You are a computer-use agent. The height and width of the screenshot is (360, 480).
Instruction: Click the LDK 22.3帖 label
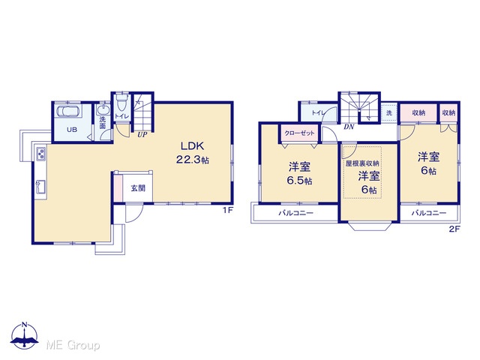pos(193,153)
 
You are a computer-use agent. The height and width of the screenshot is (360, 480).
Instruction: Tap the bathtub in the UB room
pos(68,112)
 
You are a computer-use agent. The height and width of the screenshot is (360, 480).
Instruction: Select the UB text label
pos(72,130)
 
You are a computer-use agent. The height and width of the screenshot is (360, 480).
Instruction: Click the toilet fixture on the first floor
pos(122,103)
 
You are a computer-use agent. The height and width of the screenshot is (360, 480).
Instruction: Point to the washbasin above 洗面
pos(103,110)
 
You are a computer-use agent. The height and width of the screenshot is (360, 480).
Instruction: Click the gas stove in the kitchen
pos(40,153)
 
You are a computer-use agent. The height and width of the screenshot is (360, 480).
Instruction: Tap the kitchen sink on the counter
pos(40,187)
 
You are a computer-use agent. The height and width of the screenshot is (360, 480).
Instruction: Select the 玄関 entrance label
pos(138,188)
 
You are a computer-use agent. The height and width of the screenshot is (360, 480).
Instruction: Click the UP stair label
pos(142,134)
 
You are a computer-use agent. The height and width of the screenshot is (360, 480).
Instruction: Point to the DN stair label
pos(349,127)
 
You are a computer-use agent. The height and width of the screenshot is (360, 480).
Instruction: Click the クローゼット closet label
pos(299,133)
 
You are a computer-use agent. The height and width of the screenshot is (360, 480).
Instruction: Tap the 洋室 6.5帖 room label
pos(299,174)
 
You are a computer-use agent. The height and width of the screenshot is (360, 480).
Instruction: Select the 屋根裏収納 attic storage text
pos(362,163)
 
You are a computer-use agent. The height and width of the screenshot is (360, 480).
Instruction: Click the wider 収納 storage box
pos(418,112)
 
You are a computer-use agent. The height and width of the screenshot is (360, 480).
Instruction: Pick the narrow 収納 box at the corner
pos(448,112)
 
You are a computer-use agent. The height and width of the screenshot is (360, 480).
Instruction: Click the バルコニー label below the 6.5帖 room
pos(295,213)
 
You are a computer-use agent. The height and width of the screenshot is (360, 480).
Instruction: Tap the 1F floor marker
pos(228,210)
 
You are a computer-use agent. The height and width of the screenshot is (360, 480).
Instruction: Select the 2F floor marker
pos(454,229)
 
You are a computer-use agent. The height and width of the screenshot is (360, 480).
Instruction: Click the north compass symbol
pos(25,335)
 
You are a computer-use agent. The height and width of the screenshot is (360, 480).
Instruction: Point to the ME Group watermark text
pos(73,345)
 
